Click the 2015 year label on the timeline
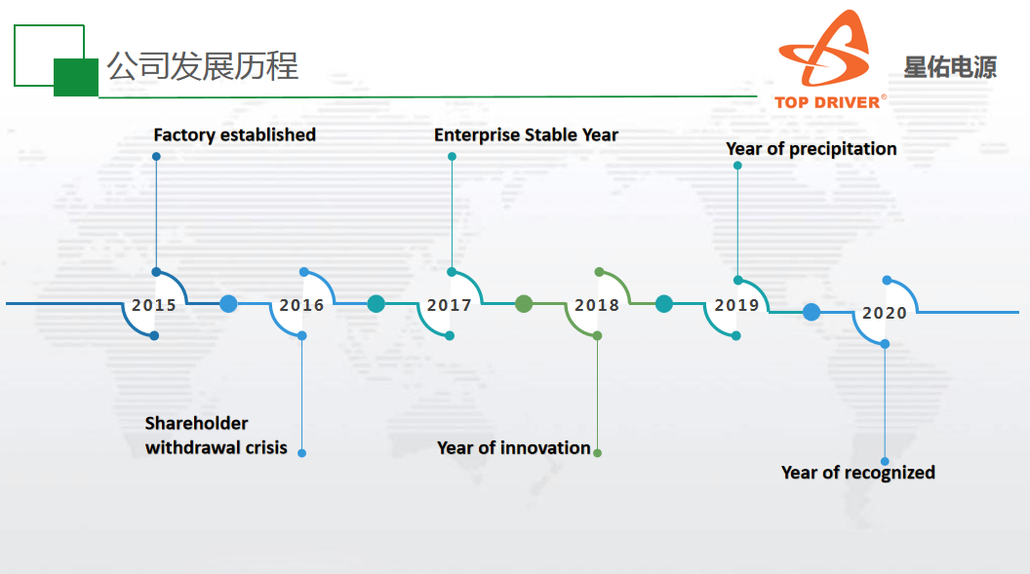click(x=154, y=305)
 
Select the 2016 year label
click(x=301, y=305)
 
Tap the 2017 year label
click(x=450, y=305)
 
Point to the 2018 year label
click(x=597, y=305)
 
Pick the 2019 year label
click(x=737, y=305)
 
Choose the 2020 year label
click(x=885, y=313)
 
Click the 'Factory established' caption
click(x=234, y=135)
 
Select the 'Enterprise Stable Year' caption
click(x=526, y=135)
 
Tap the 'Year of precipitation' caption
click(x=812, y=149)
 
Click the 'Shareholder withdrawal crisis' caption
click(x=217, y=436)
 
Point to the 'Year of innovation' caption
click(x=514, y=448)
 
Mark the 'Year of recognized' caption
click(x=858, y=473)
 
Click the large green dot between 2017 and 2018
click(x=524, y=304)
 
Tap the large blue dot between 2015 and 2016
click(x=228, y=304)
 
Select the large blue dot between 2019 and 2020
click(x=812, y=312)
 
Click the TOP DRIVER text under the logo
click(x=827, y=102)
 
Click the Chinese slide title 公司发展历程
click(x=202, y=66)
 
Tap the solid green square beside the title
click(x=76, y=77)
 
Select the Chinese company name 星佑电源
click(x=950, y=67)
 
